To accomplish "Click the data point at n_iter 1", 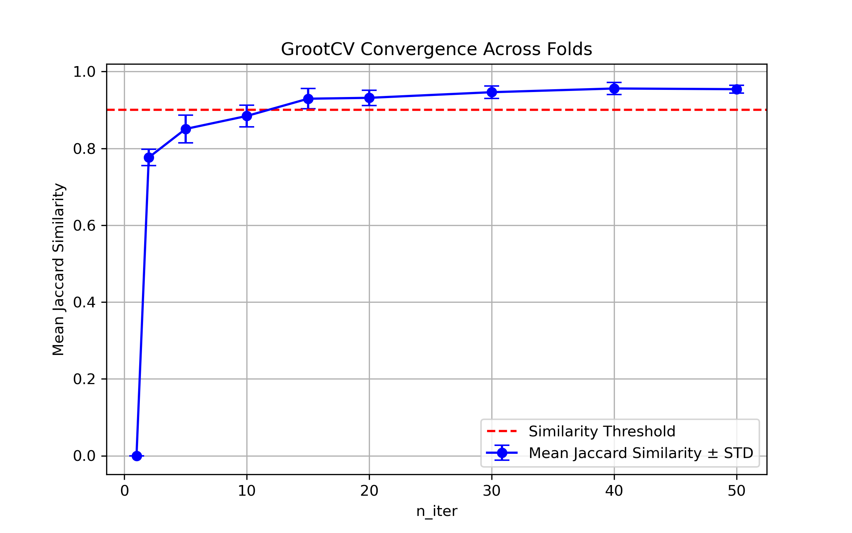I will (137, 456).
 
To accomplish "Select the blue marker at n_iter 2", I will (149, 157).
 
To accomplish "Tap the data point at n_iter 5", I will (186, 129).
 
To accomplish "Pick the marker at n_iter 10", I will (247, 116).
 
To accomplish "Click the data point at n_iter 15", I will (308, 99).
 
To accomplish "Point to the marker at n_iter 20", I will (369, 98).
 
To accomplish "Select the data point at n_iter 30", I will (492, 92).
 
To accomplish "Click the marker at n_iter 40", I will (614, 88).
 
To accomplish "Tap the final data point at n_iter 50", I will (737, 89).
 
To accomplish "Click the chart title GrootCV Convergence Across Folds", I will (436, 49).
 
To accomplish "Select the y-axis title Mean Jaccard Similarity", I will (58, 269).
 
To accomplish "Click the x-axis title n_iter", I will (437, 511).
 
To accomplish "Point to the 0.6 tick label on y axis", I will (84, 226).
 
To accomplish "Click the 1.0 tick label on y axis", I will (84, 72).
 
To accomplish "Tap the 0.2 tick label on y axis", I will (84, 379).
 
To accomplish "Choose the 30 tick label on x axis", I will (492, 491).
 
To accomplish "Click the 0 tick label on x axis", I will (124, 491).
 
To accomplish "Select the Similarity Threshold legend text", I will (602, 431).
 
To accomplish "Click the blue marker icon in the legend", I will (502, 453).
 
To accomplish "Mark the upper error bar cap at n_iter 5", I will (186, 115).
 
